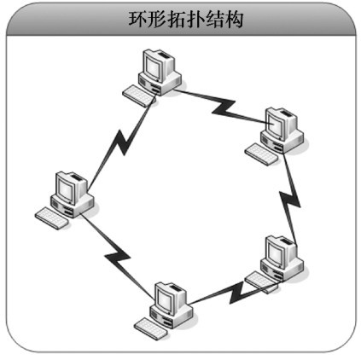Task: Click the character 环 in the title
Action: click(x=138, y=20)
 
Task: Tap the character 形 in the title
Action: click(x=157, y=20)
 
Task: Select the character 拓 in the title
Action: click(x=177, y=20)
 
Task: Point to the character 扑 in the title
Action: click(x=195, y=20)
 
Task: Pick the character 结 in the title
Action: click(x=214, y=20)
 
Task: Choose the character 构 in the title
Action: click(x=234, y=20)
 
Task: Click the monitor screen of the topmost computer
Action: click(x=154, y=67)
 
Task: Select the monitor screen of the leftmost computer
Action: click(x=66, y=189)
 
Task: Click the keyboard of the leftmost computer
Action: click(x=51, y=218)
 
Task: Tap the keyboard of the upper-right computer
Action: click(x=262, y=153)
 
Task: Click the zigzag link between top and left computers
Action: click(x=122, y=143)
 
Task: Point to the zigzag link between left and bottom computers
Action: click(x=117, y=255)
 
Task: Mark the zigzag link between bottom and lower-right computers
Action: click(x=236, y=293)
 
